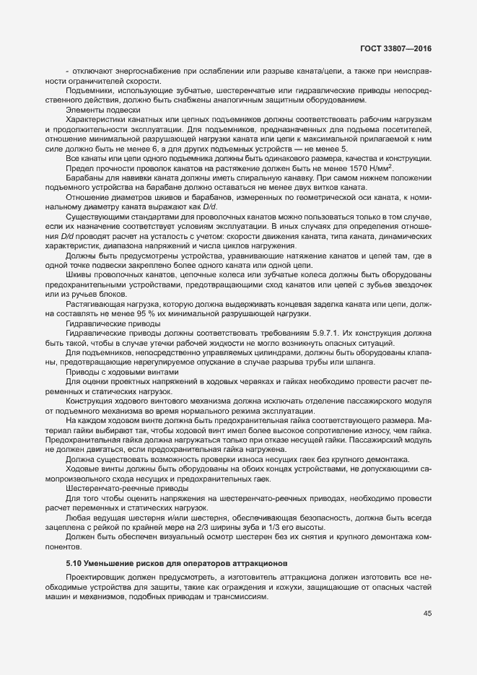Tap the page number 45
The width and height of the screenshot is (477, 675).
coord(428,614)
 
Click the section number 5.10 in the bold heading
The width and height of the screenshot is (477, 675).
coord(74,562)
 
